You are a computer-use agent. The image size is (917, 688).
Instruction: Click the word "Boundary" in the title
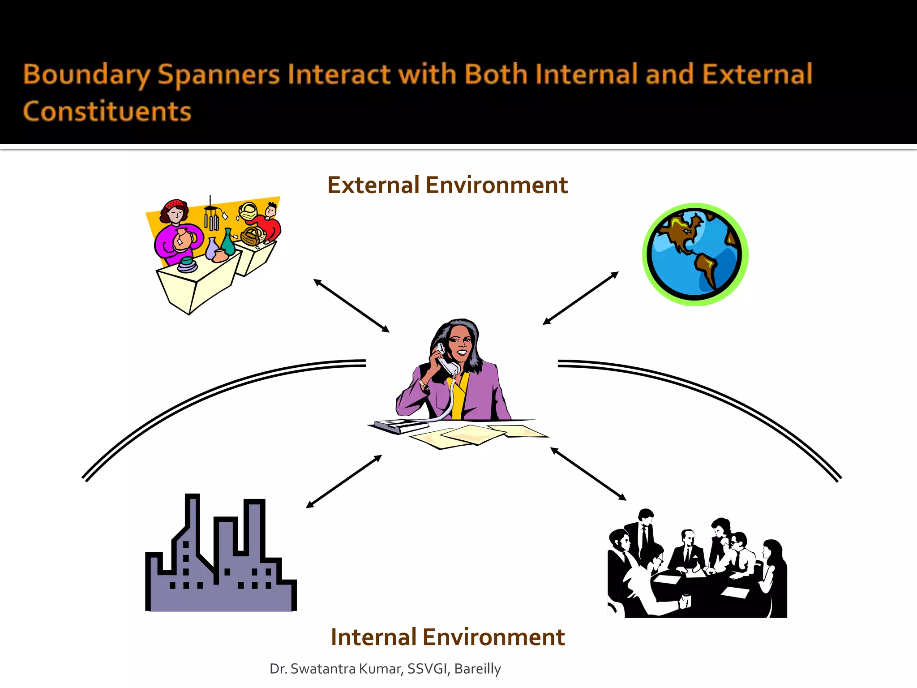point(86,75)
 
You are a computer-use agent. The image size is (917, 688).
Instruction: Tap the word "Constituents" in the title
point(107,112)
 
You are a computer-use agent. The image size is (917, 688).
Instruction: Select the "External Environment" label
point(447,185)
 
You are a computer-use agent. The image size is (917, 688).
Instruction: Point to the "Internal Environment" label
point(447,637)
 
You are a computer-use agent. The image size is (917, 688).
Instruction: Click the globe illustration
point(695,254)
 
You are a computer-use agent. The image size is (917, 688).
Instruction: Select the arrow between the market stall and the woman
point(351,305)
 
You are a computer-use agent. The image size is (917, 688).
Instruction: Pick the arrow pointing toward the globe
point(580,298)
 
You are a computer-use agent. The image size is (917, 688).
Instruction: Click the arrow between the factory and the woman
point(343,482)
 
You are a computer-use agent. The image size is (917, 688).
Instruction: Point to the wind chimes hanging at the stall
point(211,217)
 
